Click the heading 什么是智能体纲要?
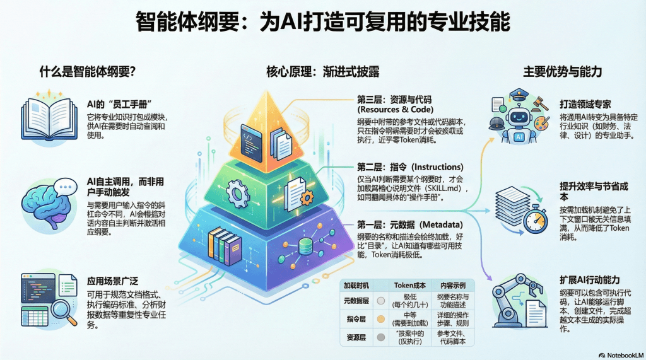[89, 71]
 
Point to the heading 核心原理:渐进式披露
[323, 71]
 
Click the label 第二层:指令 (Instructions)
[410, 167]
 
